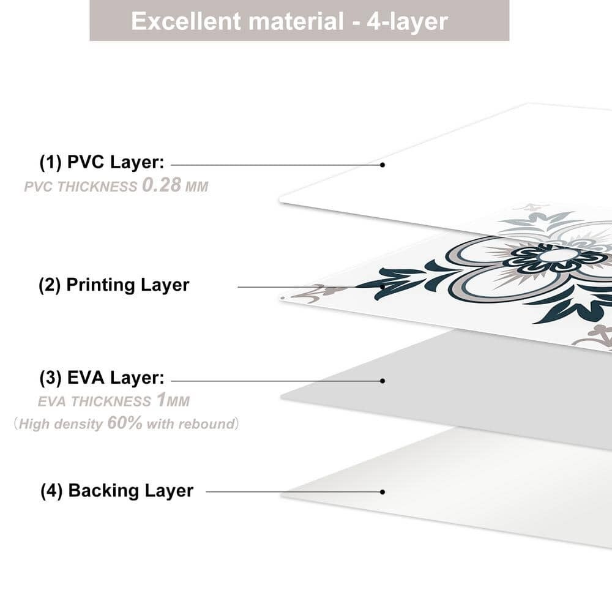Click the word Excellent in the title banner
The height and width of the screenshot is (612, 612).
click(186, 21)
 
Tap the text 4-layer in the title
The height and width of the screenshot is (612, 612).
click(407, 21)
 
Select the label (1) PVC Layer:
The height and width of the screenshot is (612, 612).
click(102, 162)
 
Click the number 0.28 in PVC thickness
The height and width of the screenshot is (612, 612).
click(161, 185)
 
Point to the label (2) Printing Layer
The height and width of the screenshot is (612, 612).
click(114, 285)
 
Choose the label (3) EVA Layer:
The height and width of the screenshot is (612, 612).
click(102, 378)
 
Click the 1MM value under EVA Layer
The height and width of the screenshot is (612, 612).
click(173, 400)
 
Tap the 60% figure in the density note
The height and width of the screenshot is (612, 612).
click(124, 423)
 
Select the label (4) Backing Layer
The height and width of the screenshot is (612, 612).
click(117, 491)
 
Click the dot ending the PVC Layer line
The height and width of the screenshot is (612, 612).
click(382, 165)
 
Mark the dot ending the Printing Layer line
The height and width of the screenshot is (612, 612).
click(382, 287)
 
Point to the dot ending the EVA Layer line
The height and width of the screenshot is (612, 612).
click(382, 381)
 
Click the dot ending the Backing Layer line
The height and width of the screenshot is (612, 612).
click(382, 492)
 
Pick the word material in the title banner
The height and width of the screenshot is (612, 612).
click(296, 21)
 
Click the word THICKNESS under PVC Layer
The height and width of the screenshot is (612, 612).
click(97, 187)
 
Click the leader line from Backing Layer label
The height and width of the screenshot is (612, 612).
click(294, 492)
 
